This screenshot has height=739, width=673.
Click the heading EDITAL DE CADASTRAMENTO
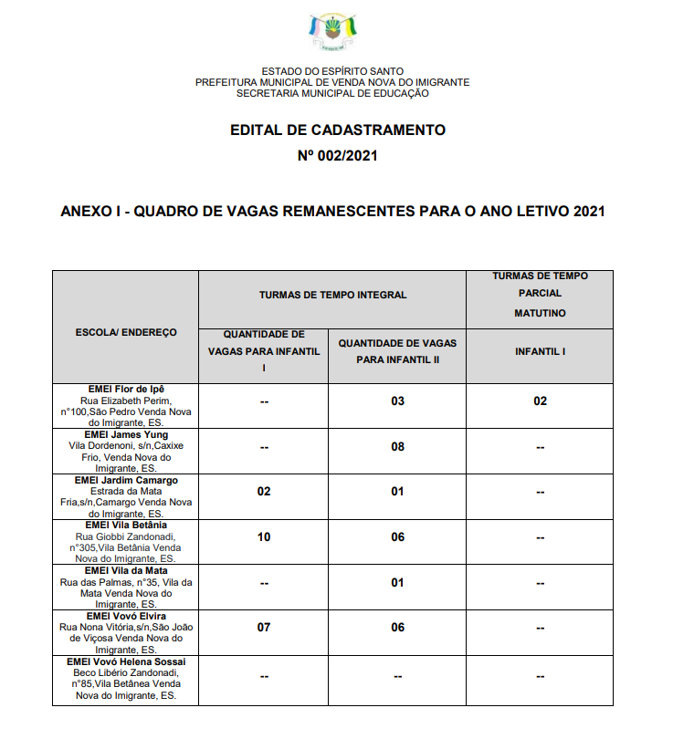coord(337,130)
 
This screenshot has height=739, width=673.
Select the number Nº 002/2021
coord(337,156)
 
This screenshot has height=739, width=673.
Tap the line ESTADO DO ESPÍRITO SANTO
coord(332,71)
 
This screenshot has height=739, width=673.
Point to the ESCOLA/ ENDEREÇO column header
coord(126,332)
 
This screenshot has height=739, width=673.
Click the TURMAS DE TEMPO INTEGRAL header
coord(332,296)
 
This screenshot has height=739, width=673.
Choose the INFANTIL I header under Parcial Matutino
coord(540,350)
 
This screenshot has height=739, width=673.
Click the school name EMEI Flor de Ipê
coord(126,390)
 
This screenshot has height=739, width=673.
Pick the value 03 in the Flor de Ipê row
coord(397,401)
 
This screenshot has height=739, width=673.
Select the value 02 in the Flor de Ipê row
coord(540,401)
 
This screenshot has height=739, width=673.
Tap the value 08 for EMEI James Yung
coord(397,447)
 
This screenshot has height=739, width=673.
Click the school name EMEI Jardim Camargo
coord(126,480)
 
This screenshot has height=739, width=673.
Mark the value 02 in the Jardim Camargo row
coord(264,492)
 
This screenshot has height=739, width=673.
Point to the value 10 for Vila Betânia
coord(264,537)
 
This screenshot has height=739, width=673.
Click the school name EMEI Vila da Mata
coord(126,570)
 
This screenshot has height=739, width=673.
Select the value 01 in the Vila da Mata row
coord(397,583)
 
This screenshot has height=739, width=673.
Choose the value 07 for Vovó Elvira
coord(264,628)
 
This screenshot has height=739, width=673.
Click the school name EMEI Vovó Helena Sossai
coord(126,661)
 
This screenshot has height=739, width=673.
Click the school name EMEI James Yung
coord(126,435)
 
